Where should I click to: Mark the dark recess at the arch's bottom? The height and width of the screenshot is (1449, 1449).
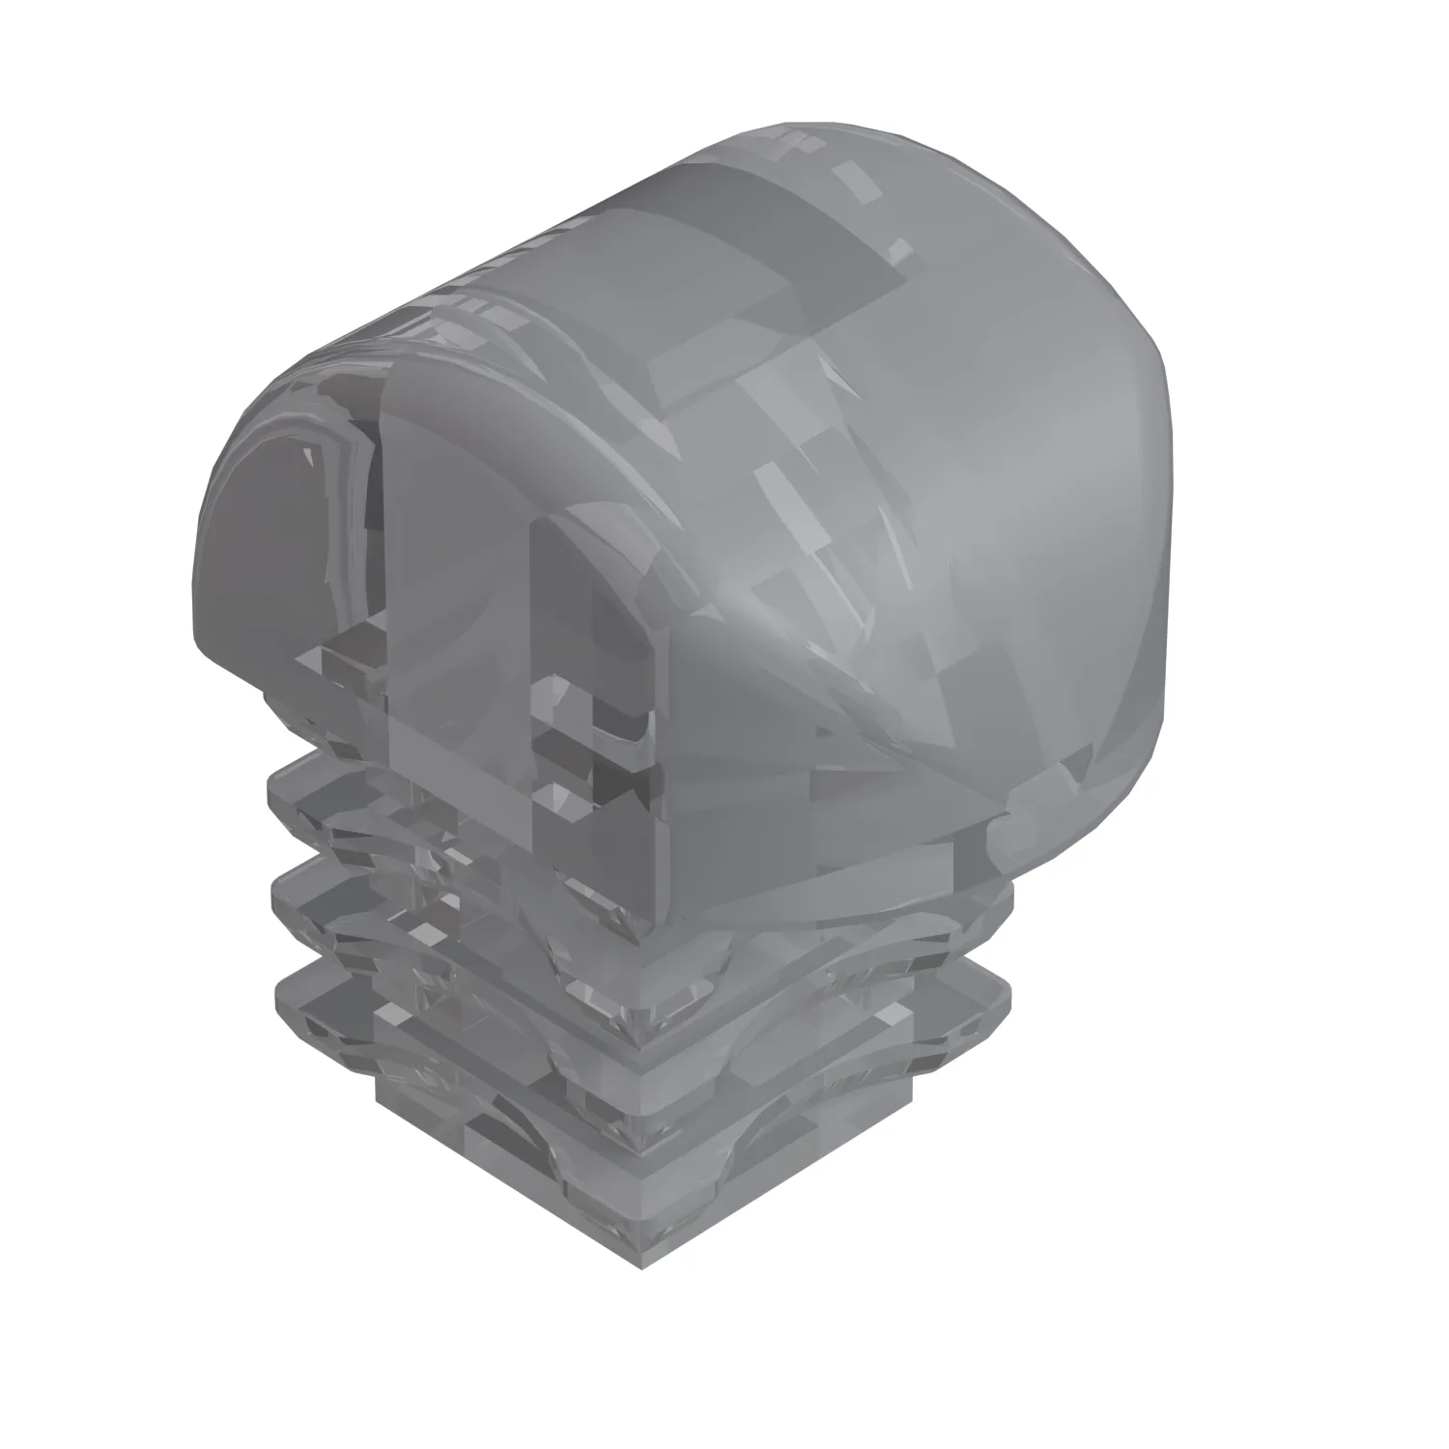tap(599, 773)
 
